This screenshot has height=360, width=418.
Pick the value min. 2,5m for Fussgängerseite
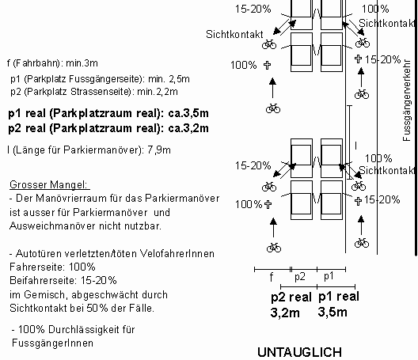(x=167, y=79)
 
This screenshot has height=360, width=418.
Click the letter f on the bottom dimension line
(x=272, y=278)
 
